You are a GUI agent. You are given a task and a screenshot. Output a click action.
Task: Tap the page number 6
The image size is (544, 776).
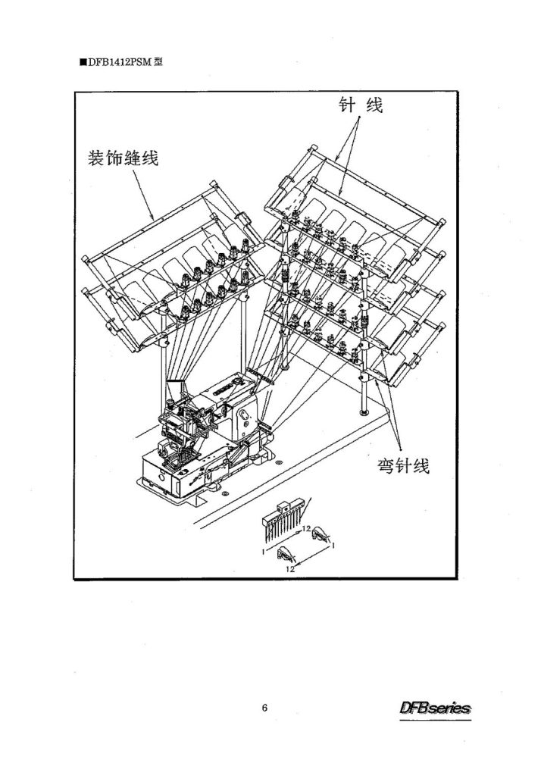click(x=264, y=709)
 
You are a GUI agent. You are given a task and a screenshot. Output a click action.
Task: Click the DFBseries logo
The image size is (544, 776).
click(x=435, y=709)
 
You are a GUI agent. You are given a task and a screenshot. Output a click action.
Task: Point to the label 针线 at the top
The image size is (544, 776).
click(x=361, y=105)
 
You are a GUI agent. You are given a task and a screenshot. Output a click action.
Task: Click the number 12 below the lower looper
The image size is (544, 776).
click(x=290, y=569)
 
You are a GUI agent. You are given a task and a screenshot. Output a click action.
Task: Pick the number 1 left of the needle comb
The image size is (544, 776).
click(x=264, y=551)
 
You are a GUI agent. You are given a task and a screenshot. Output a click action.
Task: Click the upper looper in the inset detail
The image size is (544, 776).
click(x=320, y=533)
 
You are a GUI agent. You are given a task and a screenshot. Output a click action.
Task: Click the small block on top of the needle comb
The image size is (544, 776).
click(x=283, y=505)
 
